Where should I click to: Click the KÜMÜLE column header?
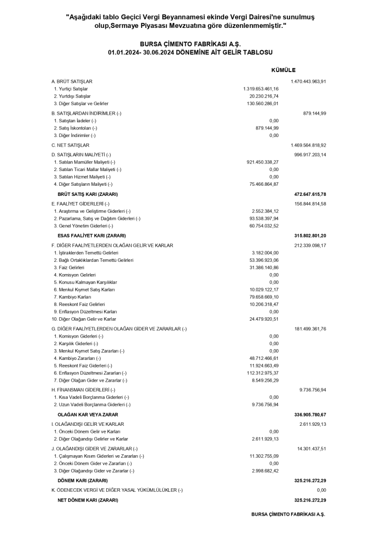[x=283, y=70]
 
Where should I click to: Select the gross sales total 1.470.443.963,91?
[x=308, y=81]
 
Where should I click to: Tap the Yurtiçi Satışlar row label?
[x=71, y=89]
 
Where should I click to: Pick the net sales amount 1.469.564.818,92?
[x=308, y=145]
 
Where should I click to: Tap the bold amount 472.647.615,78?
[x=310, y=194]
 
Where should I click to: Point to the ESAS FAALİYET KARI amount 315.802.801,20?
[x=310, y=236]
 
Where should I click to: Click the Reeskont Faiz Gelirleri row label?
[x=79, y=304]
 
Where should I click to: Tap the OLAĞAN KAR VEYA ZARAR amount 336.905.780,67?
[x=310, y=415]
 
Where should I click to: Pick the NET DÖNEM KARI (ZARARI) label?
[x=88, y=500]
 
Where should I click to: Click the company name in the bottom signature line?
[x=288, y=514]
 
